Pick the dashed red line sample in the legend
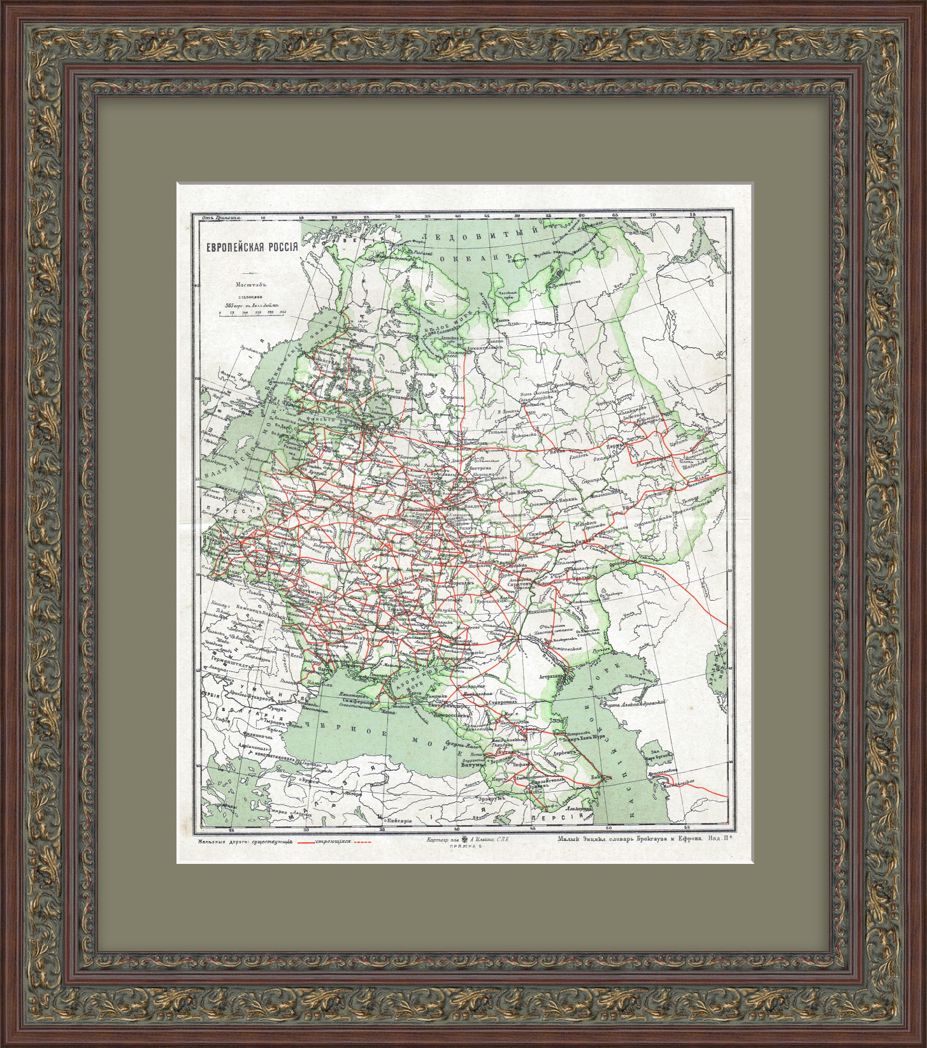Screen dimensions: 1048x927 click(x=362, y=842)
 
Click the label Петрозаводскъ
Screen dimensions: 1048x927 click(x=392, y=396)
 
